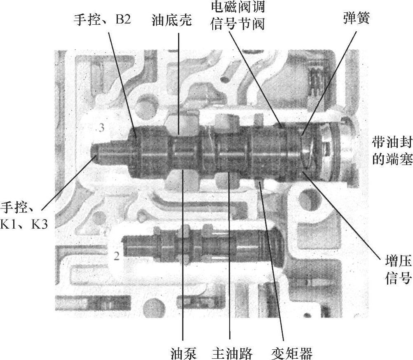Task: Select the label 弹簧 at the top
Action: pos(355,19)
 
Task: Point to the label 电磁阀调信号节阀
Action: pos(237,15)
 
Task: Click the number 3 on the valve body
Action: pos(101,128)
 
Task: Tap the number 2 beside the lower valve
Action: pos(116,256)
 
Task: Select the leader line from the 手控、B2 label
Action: pos(124,82)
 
